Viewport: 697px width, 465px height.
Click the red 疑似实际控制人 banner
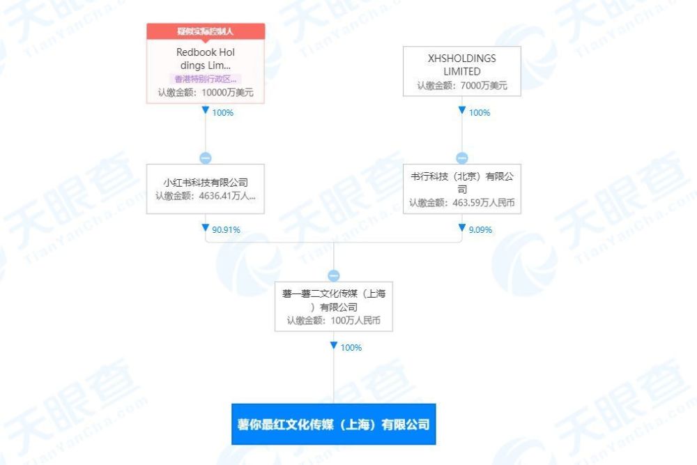(206, 31)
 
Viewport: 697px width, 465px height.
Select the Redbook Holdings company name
(206, 59)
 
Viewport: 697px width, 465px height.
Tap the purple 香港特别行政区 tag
(206, 79)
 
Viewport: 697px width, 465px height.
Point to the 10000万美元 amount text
(228, 93)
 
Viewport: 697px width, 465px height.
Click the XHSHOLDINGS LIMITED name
(462, 65)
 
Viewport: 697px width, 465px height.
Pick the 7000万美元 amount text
(484, 85)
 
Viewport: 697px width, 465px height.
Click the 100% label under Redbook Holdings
(223, 112)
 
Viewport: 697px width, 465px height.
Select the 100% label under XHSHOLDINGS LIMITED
(480, 112)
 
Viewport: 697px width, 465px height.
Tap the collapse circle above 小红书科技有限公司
(206, 158)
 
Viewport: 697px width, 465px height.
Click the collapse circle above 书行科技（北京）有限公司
(462, 158)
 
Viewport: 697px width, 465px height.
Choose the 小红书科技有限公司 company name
(206, 182)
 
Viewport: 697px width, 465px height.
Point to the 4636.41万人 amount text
(227, 196)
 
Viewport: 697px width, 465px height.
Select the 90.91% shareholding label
(227, 230)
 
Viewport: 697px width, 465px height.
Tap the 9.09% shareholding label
(480, 230)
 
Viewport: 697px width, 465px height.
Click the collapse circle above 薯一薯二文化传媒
(334, 275)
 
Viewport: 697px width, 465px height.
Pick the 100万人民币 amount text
(355, 321)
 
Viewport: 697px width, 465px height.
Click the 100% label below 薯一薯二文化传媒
(351, 348)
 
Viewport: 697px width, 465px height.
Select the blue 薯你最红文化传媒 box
(334, 424)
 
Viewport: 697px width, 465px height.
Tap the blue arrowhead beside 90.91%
(206, 227)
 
